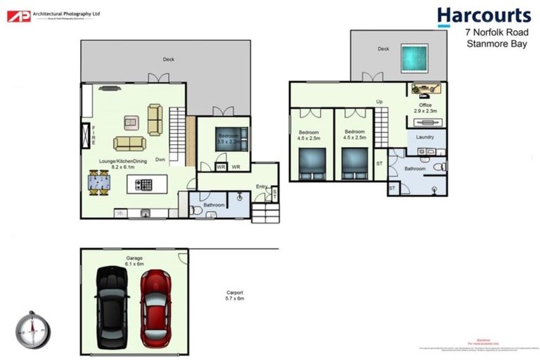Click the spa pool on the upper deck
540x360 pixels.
415,56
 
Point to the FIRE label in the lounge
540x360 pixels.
93,134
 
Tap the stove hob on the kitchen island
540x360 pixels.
143,185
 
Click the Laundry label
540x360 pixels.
425,137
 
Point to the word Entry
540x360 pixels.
262,186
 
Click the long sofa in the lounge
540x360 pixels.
129,143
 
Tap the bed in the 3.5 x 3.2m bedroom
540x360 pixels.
233,138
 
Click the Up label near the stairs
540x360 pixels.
379,102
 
